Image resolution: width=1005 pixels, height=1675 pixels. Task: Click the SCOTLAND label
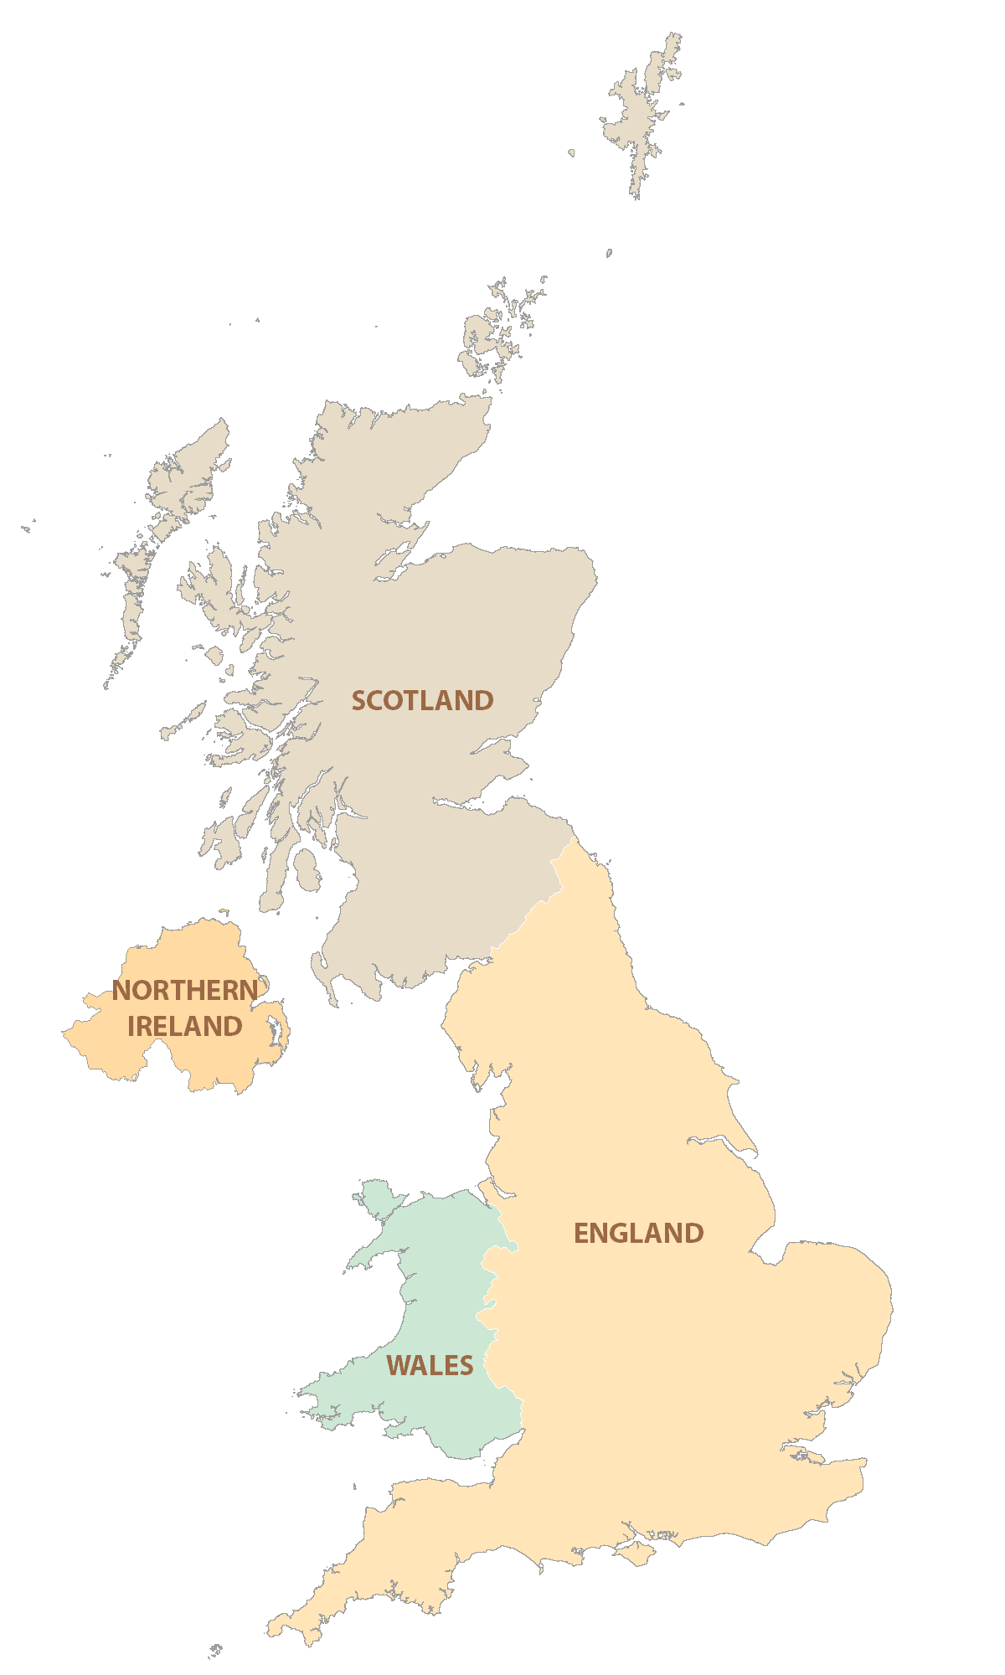click(x=422, y=700)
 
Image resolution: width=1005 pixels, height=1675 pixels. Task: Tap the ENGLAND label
click(x=638, y=1233)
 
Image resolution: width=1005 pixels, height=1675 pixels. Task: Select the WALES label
click(x=430, y=1365)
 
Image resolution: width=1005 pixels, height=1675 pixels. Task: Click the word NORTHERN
click(x=185, y=990)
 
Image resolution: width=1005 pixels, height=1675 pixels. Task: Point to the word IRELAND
click(x=185, y=1026)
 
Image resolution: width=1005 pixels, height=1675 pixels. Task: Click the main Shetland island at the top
click(x=641, y=117)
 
